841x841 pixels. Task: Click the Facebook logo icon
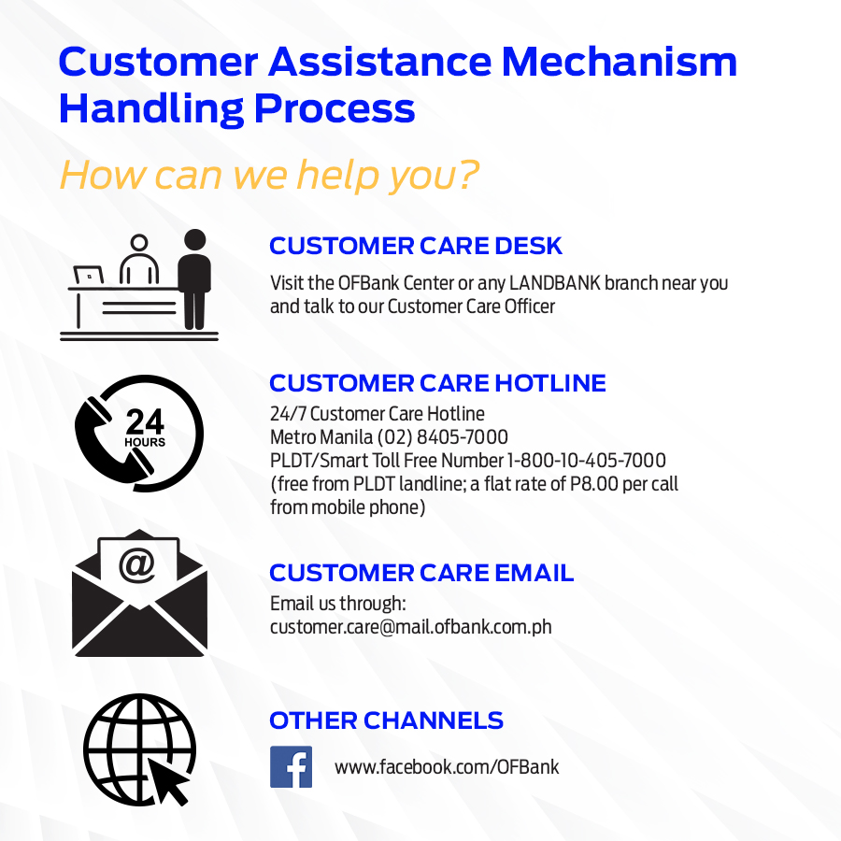pyautogui.click(x=291, y=766)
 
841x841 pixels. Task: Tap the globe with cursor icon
pyautogui.click(x=139, y=749)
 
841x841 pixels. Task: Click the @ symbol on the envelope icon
pyautogui.click(x=137, y=564)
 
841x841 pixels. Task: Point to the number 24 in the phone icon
pyautogui.click(x=145, y=421)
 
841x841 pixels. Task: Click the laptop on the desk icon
pyautogui.click(x=89, y=276)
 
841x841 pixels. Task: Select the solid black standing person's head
pyautogui.click(x=194, y=240)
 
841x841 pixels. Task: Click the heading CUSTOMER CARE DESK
pyautogui.click(x=416, y=246)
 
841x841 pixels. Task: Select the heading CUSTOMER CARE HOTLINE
pyautogui.click(x=437, y=383)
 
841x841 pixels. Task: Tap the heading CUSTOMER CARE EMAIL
pyautogui.click(x=421, y=573)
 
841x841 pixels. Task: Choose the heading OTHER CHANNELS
pyautogui.click(x=386, y=720)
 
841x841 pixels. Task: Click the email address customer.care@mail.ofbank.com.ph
pyautogui.click(x=411, y=627)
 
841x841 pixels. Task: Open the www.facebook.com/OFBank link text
pyautogui.click(x=447, y=767)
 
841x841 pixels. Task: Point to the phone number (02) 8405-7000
pyautogui.click(x=443, y=437)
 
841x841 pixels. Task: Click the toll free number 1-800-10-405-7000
pyautogui.click(x=586, y=460)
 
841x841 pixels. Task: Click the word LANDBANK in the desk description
pyautogui.click(x=554, y=282)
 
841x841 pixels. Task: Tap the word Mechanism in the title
pyautogui.click(x=620, y=62)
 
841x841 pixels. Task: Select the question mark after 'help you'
pyautogui.click(x=468, y=175)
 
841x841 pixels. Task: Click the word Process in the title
pyautogui.click(x=335, y=108)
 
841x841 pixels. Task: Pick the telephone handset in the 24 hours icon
pyautogui.click(x=111, y=440)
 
